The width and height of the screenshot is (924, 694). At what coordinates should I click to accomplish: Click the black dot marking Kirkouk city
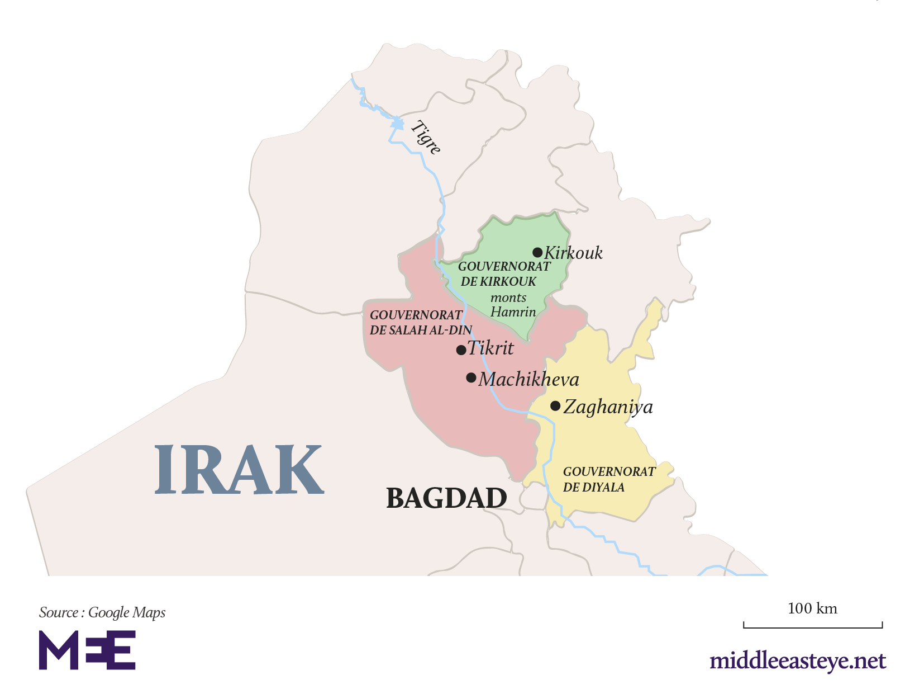tap(537, 252)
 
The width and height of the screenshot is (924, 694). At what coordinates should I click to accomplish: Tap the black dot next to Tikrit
tap(461, 350)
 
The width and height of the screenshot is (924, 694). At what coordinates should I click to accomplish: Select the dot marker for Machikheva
tap(471, 377)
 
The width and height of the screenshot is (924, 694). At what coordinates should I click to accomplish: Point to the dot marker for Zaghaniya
tap(555, 405)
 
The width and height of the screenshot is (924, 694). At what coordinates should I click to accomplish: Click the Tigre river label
tap(426, 138)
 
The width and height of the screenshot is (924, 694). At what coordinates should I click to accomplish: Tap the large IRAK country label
tap(239, 470)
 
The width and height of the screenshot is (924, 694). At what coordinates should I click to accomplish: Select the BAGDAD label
tap(446, 498)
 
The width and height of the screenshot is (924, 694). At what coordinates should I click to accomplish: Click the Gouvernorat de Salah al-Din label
tap(421, 323)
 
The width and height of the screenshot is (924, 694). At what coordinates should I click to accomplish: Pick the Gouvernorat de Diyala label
tap(609, 479)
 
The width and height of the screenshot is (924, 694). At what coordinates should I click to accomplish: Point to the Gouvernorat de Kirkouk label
tap(503, 274)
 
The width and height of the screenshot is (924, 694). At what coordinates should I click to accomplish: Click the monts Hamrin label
tap(512, 305)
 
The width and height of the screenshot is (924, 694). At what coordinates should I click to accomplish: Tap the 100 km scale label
tap(812, 608)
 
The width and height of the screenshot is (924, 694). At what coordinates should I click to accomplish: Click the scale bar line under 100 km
tap(813, 627)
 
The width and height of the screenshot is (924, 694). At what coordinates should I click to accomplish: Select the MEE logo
tap(87, 650)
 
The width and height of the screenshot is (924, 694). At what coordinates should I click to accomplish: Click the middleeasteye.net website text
tap(798, 661)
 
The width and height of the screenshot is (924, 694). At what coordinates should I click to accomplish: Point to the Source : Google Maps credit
tap(102, 612)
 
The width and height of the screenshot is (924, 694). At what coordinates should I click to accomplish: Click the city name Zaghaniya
tap(608, 407)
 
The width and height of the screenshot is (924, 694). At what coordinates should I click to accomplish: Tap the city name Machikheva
tap(528, 380)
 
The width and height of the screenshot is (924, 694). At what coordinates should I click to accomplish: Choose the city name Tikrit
tap(490, 348)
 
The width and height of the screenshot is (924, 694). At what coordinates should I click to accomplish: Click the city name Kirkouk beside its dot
tap(573, 253)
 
